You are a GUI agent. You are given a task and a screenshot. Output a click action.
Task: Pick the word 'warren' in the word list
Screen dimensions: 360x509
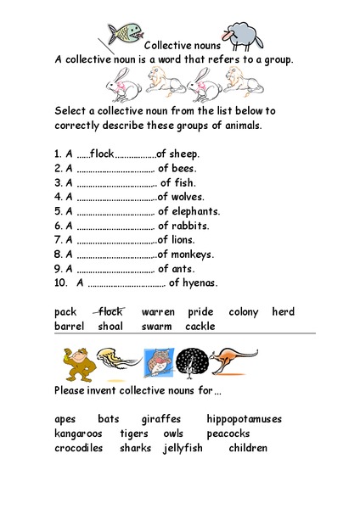(158, 312)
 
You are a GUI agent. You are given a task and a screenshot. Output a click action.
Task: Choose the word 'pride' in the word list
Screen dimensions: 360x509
(200, 312)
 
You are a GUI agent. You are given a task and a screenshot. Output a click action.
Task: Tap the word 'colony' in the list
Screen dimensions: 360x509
(243, 312)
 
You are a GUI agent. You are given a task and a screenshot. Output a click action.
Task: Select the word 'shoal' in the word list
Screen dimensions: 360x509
(110, 327)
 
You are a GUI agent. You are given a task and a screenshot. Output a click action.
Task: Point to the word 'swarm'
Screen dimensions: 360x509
(157, 327)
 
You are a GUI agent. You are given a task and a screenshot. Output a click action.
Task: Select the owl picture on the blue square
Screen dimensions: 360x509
(157, 363)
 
